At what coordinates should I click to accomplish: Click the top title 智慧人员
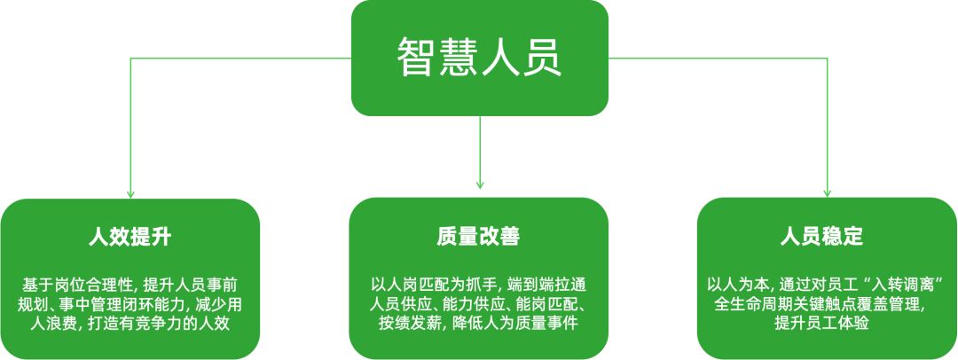click(x=479, y=58)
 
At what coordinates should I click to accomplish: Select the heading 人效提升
click(x=130, y=238)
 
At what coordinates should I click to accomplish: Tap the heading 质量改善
click(x=478, y=238)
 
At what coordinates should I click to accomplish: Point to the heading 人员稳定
click(x=827, y=238)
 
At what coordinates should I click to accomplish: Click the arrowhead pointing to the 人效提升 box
click(x=130, y=192)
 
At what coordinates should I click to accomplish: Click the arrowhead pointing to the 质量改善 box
click(x=479, y=184)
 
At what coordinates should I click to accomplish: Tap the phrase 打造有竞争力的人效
click(x=160, y=324)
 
